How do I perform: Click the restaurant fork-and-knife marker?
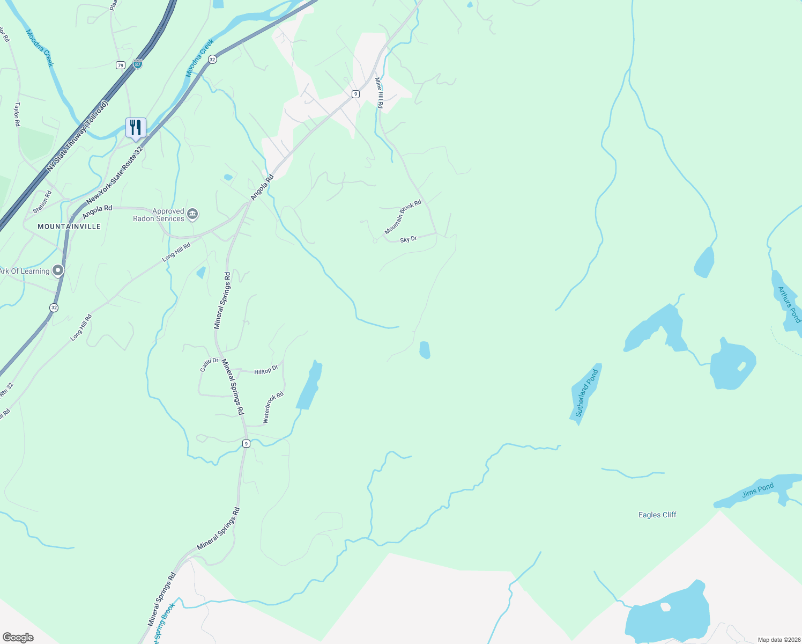(x=136, y=128)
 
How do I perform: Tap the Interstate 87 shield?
(x=138, y=64)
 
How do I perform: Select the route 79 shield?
(x=120, y=65)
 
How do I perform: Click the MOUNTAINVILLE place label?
(x=69, y=226)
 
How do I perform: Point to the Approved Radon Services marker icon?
(x=192, y=215)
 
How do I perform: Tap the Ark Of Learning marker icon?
(x=58, y=270)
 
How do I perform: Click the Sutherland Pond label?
(x=586, y=393)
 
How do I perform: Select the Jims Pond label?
(x=758, y=491)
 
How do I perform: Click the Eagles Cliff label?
(x=657, y=515)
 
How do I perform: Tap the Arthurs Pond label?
(x=789, y=304)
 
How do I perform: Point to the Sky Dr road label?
(x=409, y=239)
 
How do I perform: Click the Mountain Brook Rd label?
(x=403, y=217)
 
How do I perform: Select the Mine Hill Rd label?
(x=379, y=93)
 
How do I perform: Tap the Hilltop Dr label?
(x=266, y=370)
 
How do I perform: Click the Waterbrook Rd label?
(x=273, y=407)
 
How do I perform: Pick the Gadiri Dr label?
(x=209, y=364)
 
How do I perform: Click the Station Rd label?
(x=42, y=202)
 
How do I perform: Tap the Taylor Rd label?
(x=17, y=114)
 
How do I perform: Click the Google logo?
(x=18, y=637)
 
